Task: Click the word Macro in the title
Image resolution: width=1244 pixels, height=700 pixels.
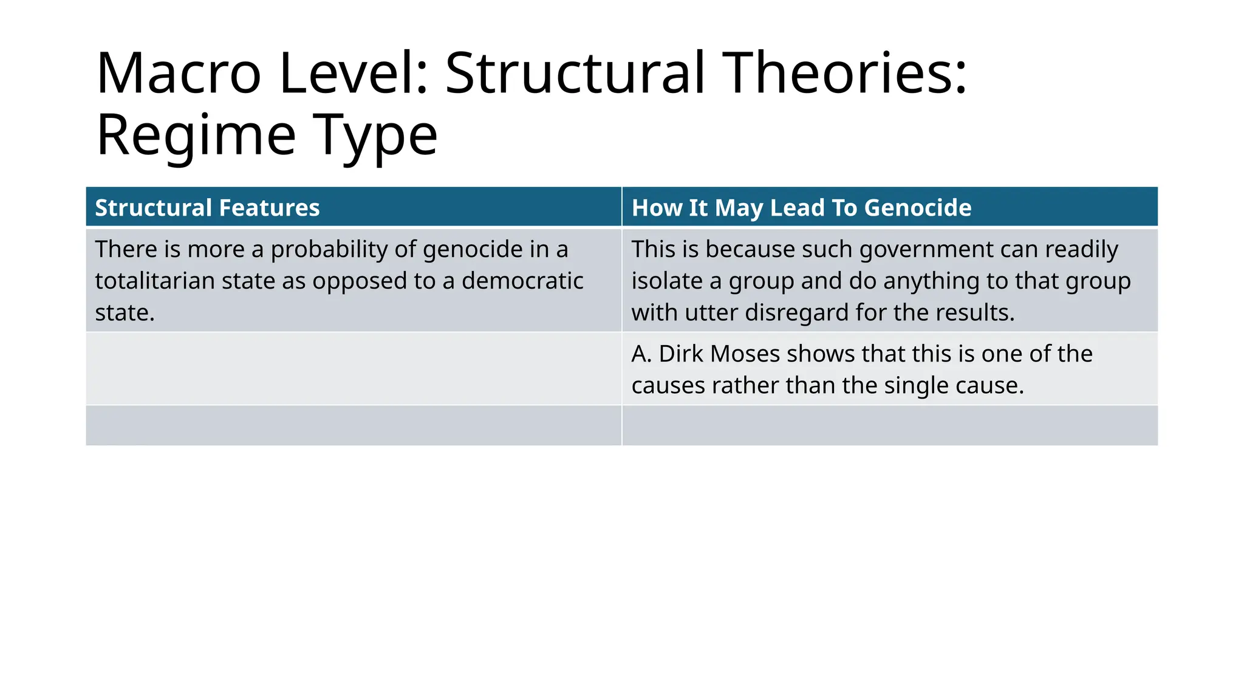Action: (x=179, y=74)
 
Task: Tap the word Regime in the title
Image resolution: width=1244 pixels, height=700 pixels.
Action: (x=196, y=136)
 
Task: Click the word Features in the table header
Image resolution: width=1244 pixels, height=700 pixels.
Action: (x=269, y=208)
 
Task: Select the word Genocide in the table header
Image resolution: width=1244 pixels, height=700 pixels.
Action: (x=918, y=208)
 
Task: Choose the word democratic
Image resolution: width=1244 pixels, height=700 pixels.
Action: (x=522, y=281)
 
